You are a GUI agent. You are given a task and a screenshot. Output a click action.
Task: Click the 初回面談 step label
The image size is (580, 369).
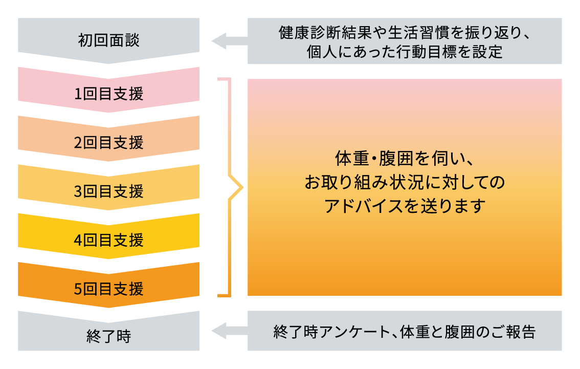[108, 40]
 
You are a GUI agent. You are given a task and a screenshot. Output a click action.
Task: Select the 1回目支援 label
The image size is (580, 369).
[108, 94]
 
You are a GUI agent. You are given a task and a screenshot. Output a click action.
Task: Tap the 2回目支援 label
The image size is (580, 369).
[108, 143]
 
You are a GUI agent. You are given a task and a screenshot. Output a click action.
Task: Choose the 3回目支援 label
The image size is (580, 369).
[108, 191]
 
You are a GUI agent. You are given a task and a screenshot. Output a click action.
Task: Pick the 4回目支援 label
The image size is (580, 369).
[108, 240]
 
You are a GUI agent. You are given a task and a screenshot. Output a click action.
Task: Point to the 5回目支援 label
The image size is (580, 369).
[108, 289]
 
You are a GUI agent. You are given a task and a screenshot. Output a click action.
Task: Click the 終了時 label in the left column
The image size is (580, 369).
[108, 337]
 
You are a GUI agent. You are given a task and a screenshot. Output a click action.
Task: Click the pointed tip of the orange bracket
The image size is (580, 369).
[241, 188]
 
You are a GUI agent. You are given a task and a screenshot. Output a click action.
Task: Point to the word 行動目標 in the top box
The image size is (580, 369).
[407, 52]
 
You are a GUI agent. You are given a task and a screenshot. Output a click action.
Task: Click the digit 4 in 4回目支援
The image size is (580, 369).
[78, 240]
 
